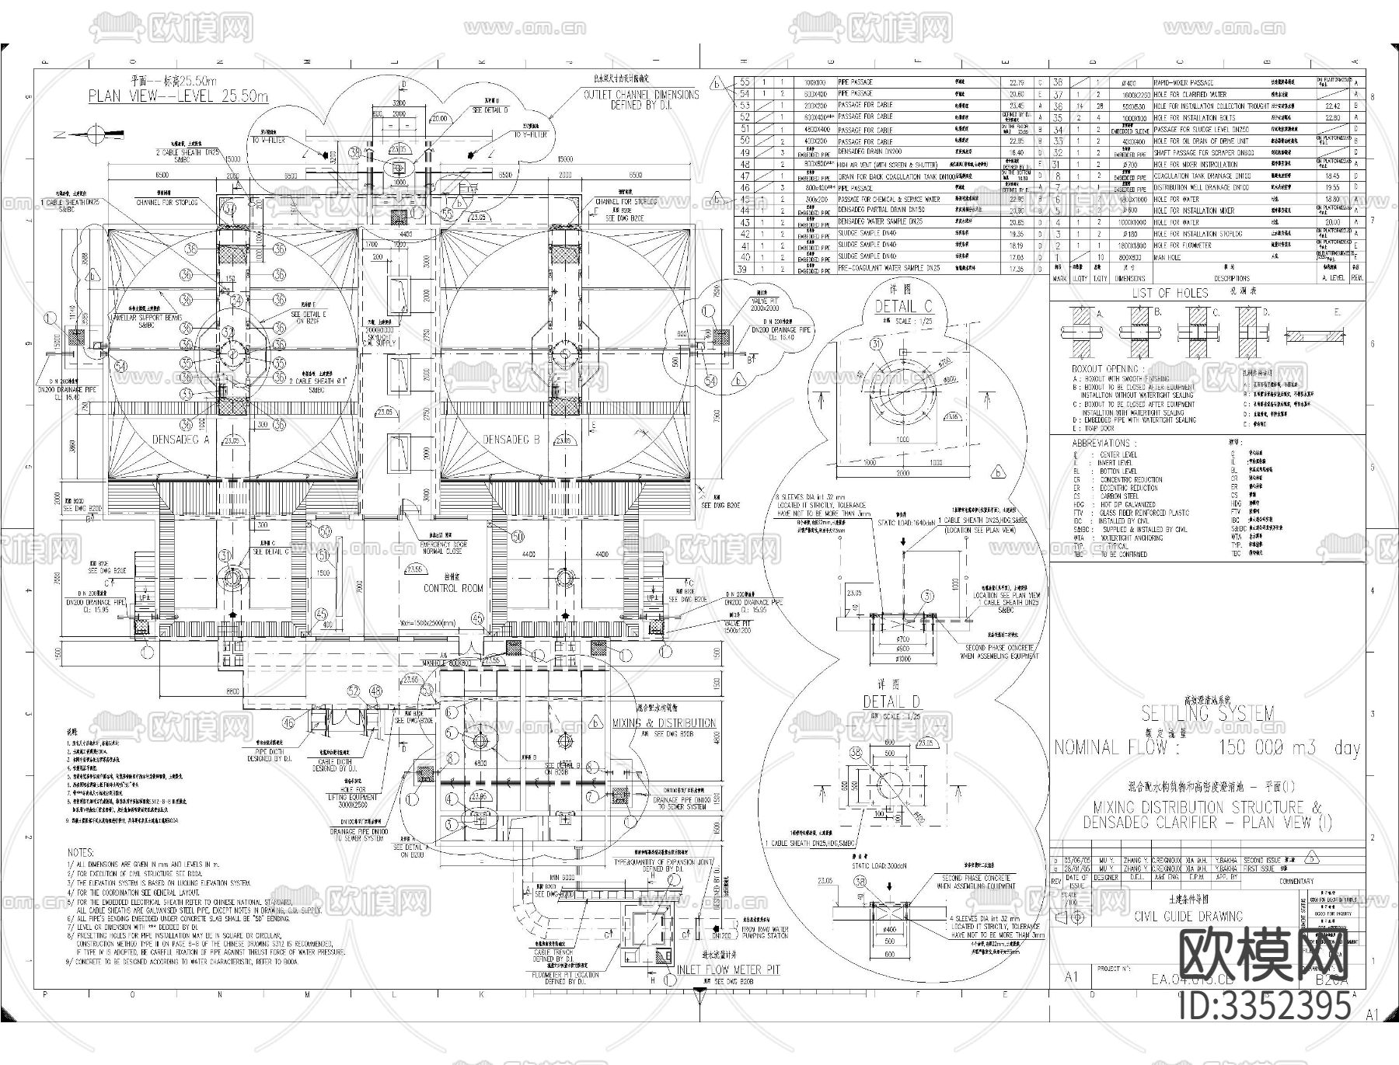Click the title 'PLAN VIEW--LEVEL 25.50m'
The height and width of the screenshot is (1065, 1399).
(x=178, y=96)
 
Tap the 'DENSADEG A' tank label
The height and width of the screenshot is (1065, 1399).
(x=180, y=440)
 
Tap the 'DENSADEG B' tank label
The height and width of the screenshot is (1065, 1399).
(x=511, y=440)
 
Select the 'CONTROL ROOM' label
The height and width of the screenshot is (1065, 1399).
(x=453, y=588)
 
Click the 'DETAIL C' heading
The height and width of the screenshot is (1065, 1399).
(x=903, y=307)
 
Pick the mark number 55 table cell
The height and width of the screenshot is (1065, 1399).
(x=745, y=82)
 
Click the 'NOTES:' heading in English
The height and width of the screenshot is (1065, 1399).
(x=80, y=852)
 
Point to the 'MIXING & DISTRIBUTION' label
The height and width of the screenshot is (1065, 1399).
(x=664, y=722)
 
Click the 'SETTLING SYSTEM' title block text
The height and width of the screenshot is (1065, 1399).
(x=1207, y=713)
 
